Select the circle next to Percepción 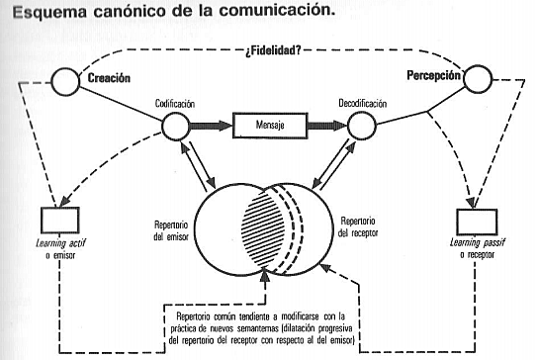point(479,77)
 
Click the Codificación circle point(174,127)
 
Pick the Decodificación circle point(360,127)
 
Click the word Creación point(109,77)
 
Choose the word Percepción point(435,75)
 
